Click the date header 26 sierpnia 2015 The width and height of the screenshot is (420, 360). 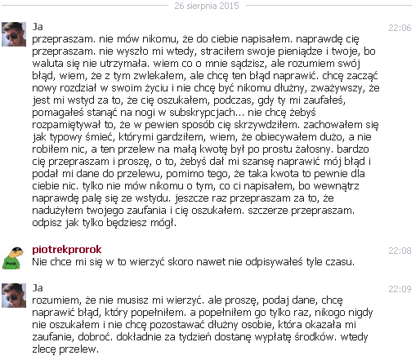(209, 6)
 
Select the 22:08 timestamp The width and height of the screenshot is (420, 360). (400, 249)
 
